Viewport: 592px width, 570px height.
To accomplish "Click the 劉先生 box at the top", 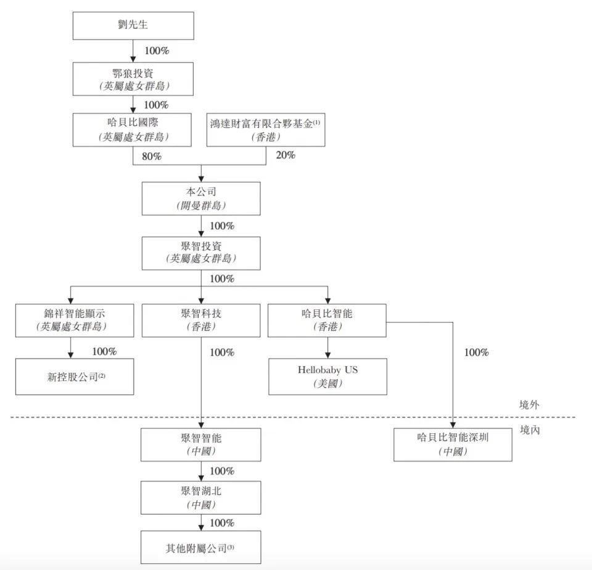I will point(133,26).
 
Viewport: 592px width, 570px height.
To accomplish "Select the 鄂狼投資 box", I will point(133,79).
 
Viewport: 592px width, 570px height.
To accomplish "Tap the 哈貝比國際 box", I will point(133,129).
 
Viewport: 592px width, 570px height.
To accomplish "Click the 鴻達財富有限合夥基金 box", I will point(265,129).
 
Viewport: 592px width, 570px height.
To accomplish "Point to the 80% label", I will point(151,157).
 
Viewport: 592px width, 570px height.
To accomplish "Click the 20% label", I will point(285,155).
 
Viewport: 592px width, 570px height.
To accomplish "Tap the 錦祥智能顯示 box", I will point(75,320).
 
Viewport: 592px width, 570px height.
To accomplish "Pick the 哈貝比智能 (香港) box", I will point(327,320).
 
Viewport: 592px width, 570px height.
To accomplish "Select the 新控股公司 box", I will point(75,377).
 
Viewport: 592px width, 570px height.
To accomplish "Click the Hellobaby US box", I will point(327,377).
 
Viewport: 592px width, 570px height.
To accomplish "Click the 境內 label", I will point(530,430).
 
